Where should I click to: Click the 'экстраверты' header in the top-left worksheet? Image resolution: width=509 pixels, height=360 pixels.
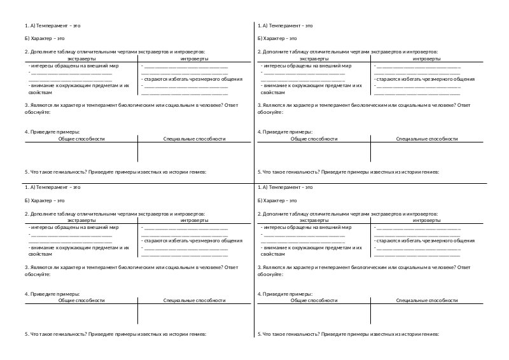click(x=81, y=59)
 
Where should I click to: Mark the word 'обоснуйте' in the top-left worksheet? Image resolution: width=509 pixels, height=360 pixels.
click(x=36, y=112)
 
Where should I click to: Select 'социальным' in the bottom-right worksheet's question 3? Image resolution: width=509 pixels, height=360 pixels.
click(x=403, y=268)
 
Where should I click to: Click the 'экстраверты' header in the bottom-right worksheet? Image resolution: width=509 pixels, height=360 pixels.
click(x=314, y=220)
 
